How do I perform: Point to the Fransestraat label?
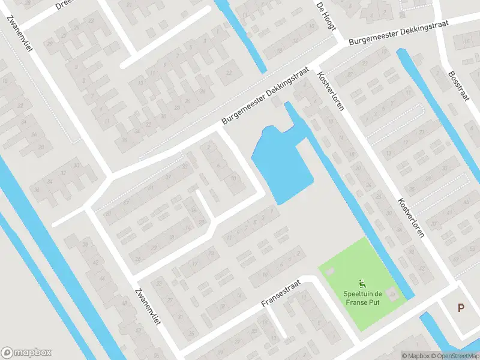coord(280,295)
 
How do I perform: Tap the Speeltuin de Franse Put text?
coord(362,298)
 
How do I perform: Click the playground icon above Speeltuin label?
coord(362,283)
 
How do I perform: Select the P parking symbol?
coord(461,308)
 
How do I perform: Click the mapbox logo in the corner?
coord(26,353)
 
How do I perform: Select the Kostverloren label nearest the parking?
coord(411,217)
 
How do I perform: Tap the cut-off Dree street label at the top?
coord(64,5)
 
